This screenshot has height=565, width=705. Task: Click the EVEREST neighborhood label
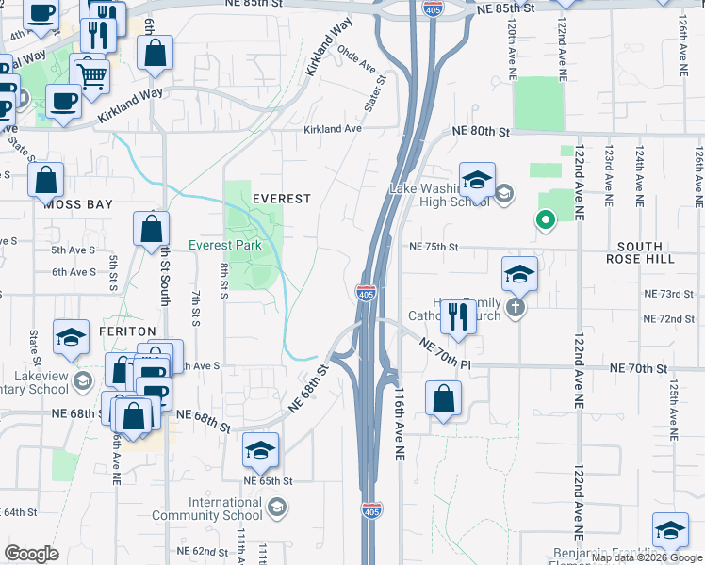tap(281, 199)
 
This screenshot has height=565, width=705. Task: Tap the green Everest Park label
tap(224, 245)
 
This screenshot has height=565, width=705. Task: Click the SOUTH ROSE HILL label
tap(654, 251)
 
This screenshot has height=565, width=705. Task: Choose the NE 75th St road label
tap(433, 247)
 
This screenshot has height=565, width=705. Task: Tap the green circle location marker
tap(544, 221)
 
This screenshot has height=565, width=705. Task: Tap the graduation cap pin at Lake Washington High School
tap(477, 180)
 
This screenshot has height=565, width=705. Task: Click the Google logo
tap(31, 554)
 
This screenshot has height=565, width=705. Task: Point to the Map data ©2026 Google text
tap(647, 557)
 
